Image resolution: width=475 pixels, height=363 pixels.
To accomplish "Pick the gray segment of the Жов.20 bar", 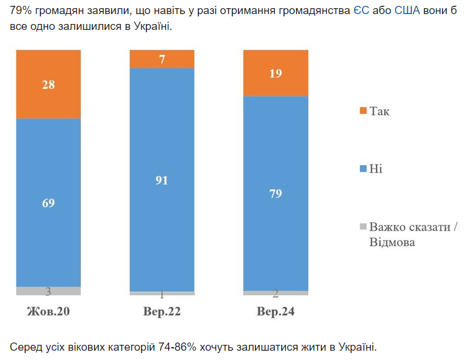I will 49,291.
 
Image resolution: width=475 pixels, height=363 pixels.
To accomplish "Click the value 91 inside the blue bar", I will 162,180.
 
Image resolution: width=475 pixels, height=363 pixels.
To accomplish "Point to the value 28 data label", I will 49,84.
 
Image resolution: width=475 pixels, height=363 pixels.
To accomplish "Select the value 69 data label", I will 49,203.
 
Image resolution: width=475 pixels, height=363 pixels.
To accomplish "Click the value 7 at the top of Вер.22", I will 162,59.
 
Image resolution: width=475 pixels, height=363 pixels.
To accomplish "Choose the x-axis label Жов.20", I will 49,311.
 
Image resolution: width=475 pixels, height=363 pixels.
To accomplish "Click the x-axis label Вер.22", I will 162,311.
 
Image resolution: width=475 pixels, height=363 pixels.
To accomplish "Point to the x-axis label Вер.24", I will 275,311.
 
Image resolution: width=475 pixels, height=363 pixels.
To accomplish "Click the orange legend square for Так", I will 363,111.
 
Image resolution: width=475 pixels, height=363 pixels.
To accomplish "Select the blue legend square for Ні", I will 363,169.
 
